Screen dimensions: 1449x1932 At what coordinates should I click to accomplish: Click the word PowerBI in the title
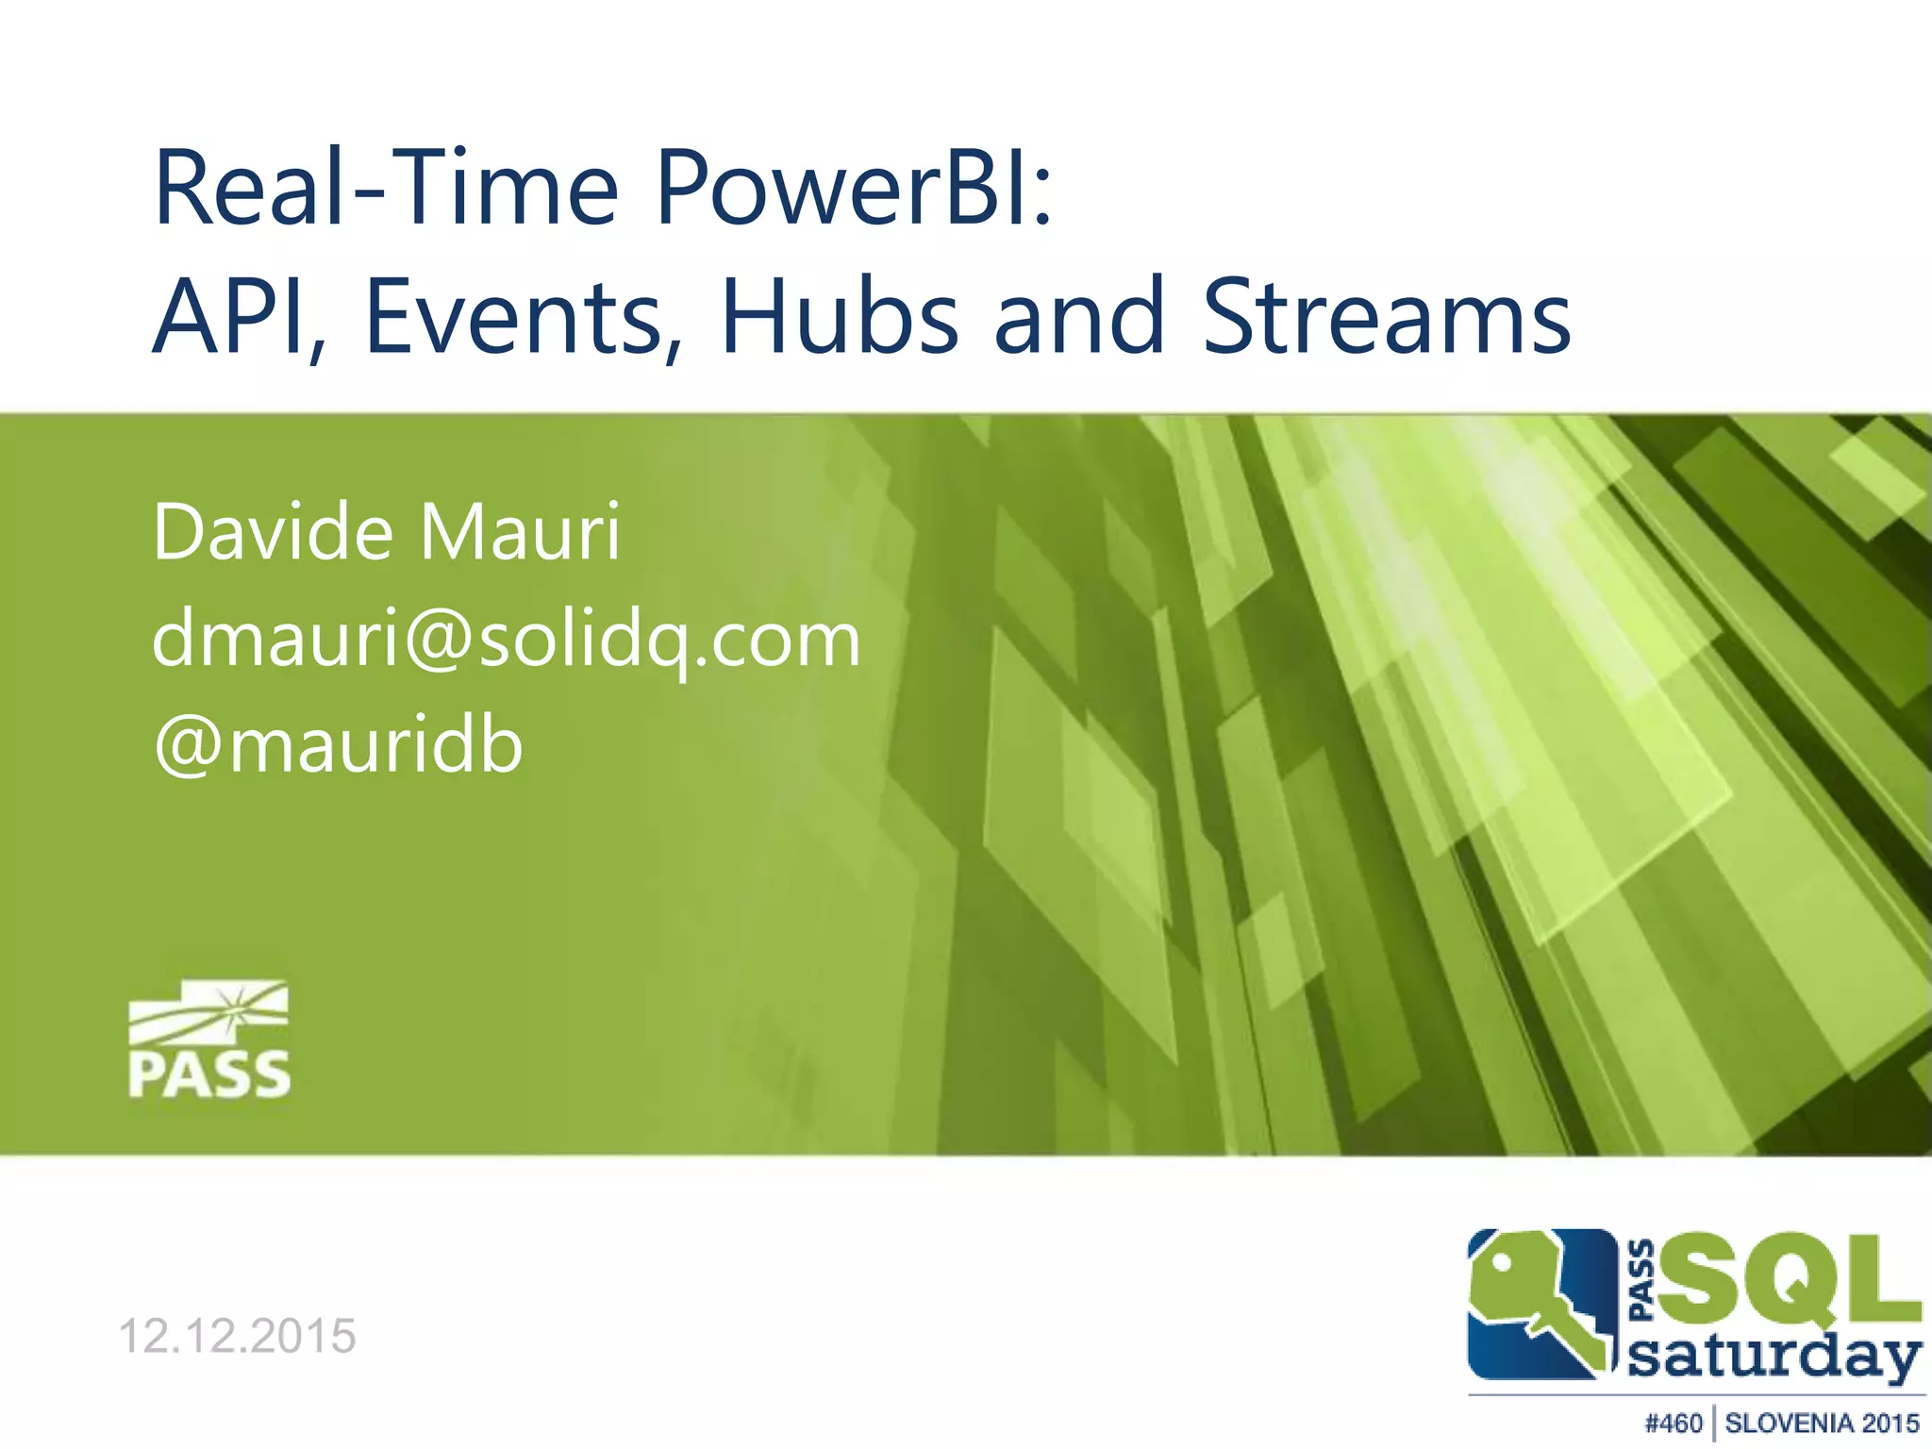pyautogui.click(x=854, y=189)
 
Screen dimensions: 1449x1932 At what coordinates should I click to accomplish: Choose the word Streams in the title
pyautogui.click(x=1387, y=318)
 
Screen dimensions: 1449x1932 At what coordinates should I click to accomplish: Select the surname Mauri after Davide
pyautogui.click(x=520, y=533)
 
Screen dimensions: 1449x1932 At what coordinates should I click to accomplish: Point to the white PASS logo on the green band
pyautogui.click(x=208, y=1040)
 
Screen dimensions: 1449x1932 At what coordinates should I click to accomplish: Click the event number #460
pyautogui.click(x=1674, y=1423)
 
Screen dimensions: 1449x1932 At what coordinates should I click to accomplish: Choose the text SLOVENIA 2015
pyautogui.click(x=1822, y=1423)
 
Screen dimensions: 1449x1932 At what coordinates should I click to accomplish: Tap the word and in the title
pyautogui.click(x=1079, y=318)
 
